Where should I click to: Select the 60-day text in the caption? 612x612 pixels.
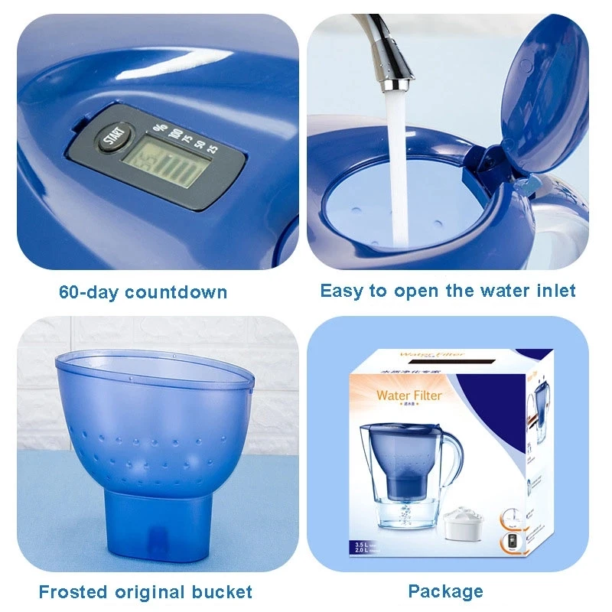click(90, 292)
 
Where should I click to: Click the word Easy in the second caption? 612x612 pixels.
click(341, 291)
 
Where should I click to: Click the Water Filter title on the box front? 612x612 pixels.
click(409, 396)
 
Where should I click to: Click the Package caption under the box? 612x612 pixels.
click(445, 591)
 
